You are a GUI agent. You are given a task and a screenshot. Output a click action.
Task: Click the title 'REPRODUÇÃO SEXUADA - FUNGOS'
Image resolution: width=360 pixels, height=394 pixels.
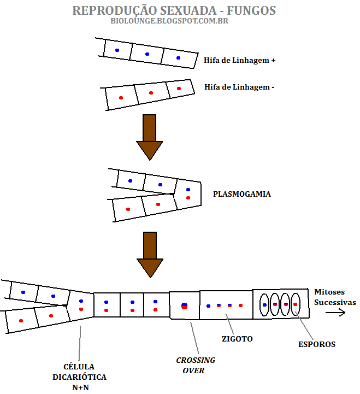point(174,10)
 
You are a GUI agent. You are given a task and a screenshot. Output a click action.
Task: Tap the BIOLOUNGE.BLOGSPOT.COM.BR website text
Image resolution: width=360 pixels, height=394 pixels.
point(169,21)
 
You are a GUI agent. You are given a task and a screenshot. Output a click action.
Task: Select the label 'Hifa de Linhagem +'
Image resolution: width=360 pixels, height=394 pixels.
point(239,61)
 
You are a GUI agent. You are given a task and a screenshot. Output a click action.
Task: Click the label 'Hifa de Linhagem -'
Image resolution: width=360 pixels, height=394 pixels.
point(239,87)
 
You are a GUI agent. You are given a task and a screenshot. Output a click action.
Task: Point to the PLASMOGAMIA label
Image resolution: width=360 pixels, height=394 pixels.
point(241,194)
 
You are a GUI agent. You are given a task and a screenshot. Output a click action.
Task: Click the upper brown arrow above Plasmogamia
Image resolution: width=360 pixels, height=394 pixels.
point(149,136)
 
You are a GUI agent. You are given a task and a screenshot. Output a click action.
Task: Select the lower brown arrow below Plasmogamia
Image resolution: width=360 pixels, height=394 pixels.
point(150,254)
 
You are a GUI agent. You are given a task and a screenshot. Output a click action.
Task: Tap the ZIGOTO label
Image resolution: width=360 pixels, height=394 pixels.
point(238,339)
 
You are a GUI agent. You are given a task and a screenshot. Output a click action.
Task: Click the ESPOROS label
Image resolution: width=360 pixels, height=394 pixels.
point(317,344)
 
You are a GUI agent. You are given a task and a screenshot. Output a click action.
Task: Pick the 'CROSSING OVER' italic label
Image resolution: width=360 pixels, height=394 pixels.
point(196,365)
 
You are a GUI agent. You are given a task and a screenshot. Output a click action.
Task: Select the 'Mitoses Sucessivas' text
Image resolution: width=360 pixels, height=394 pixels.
point(334,297)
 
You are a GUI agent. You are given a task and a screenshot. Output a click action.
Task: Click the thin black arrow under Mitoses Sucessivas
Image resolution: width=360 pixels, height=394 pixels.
point(334,313)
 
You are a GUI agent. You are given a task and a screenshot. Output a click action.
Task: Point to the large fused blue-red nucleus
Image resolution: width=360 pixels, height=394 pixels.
point(185,305)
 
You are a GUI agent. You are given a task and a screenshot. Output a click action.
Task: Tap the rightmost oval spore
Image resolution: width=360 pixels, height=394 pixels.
point(296,304)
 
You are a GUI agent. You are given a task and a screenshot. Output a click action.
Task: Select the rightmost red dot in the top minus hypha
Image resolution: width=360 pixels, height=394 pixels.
point(179,89)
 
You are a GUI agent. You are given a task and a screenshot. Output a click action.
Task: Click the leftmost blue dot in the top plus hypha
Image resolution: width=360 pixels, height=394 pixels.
point(117,50)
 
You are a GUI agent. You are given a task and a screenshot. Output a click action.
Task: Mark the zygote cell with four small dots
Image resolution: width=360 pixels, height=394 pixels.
point(226,305)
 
